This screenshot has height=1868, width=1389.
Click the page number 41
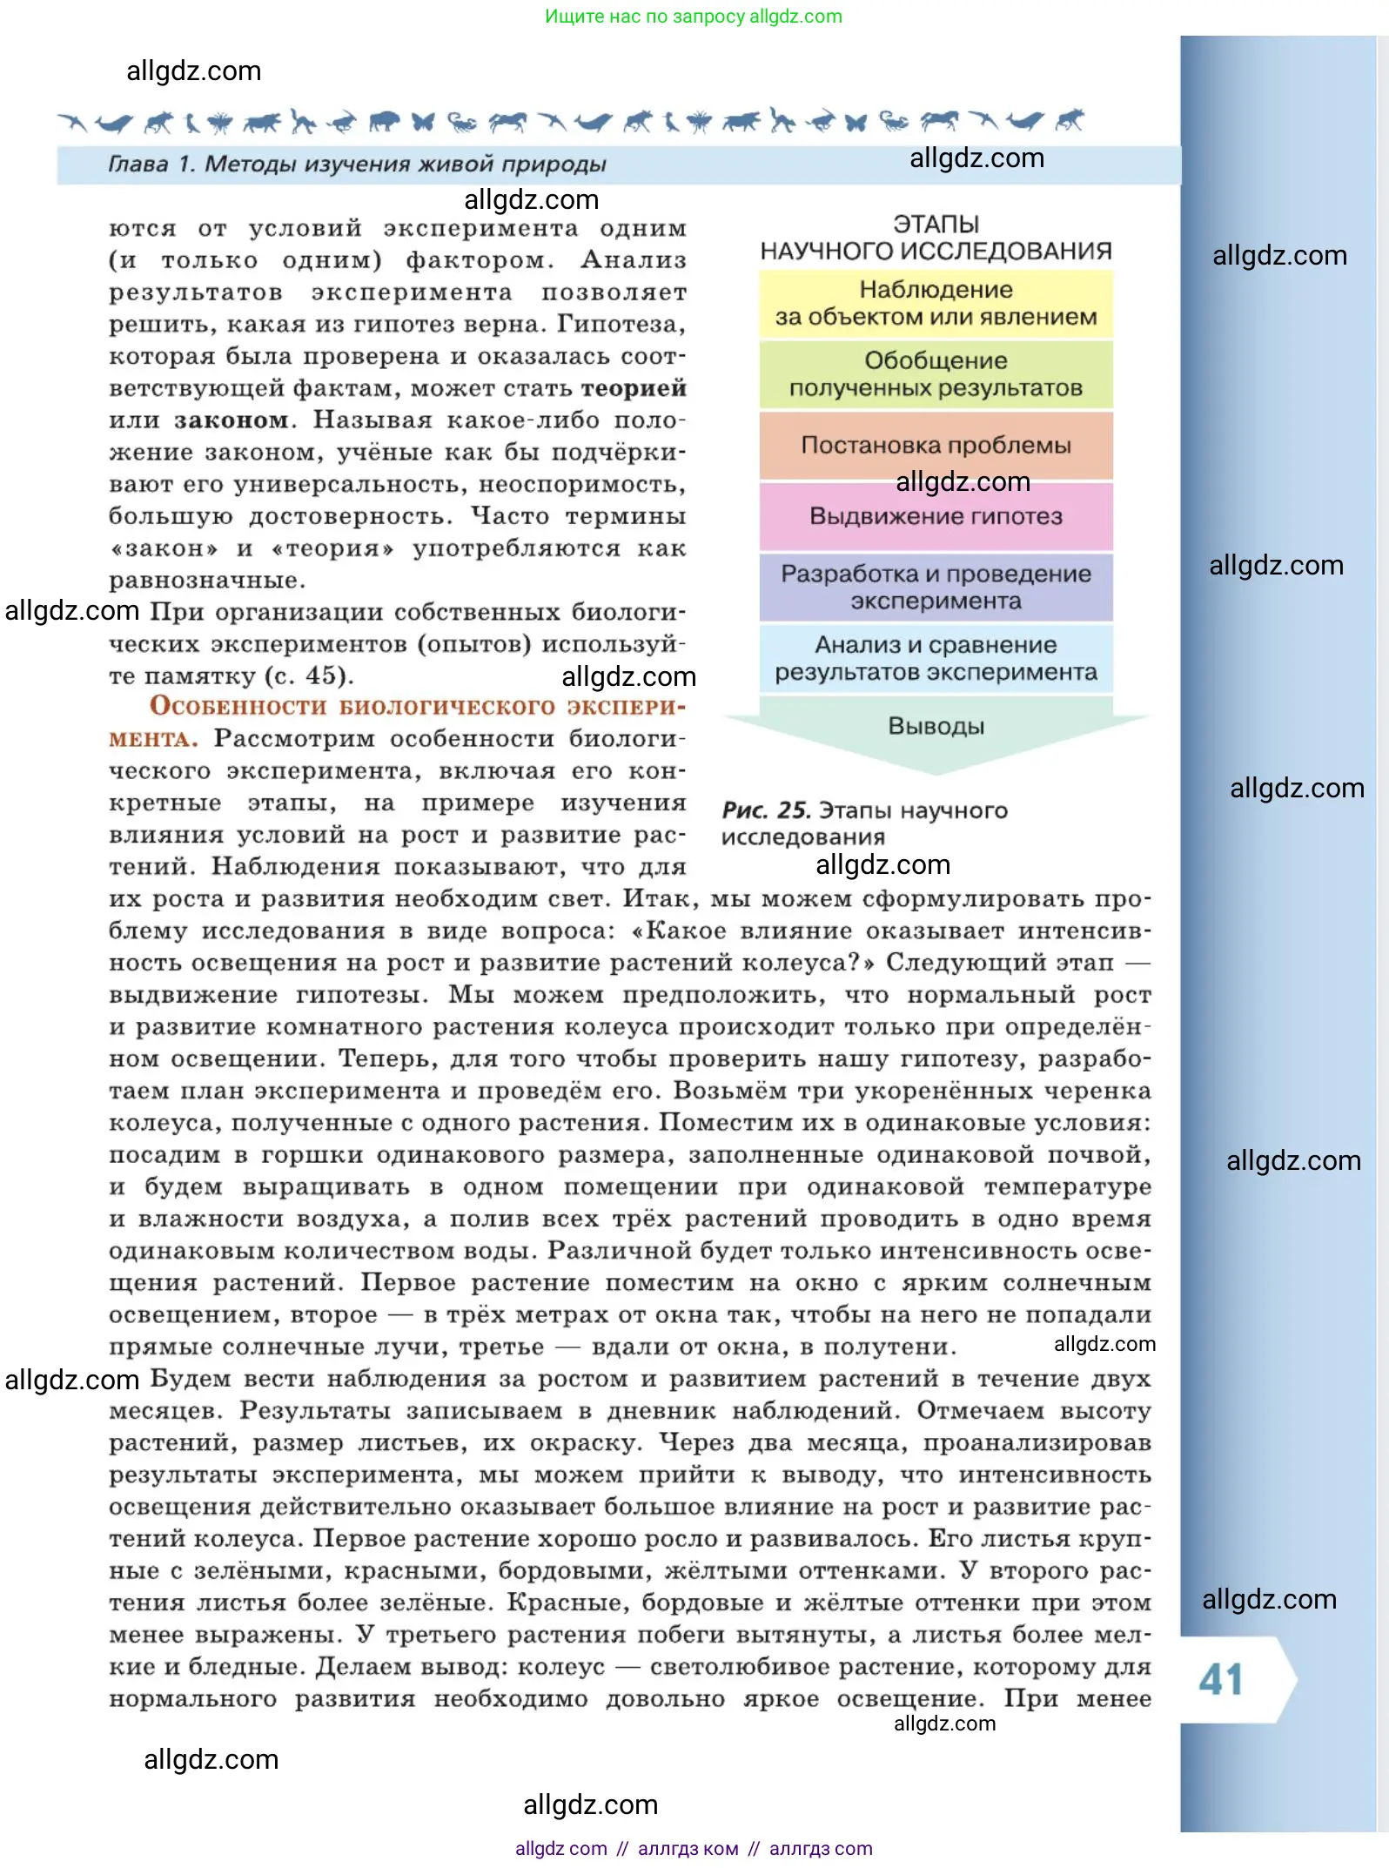click(x=1221, y=1679)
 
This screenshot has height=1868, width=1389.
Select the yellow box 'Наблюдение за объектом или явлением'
click(x=936, y=304)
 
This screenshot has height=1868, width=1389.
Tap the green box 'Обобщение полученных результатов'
click(x=936, y=374)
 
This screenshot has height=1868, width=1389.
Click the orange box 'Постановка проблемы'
click(x=936, y=445)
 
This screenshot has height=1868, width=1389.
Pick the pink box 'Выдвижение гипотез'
click(x=936, y=516)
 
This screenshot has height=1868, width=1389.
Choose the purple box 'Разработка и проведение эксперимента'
click(x=936, y=588)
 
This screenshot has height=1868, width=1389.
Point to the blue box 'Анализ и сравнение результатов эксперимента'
click(x=936, y=658)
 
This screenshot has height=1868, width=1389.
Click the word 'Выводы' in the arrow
click(x=936, y=726)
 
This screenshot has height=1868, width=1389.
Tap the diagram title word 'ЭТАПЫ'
click(x=936, y=225)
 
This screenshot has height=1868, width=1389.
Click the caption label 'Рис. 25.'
click(x=766, y=810)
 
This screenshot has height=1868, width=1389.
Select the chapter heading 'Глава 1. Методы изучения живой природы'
click(x=357, y=165)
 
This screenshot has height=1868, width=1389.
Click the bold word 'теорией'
click(x=634, y=388)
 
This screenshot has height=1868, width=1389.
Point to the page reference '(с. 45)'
click(x=309, y=676)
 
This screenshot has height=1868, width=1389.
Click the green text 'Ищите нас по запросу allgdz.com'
click(x=694, y=17)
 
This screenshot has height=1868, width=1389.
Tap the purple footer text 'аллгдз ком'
click(x=688, y=1849)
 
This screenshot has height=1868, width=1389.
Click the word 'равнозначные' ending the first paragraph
click(x=206, y=581)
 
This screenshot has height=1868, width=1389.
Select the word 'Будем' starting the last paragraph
click(x=191, y=1380)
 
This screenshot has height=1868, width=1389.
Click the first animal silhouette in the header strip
click(x=73, y=122)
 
